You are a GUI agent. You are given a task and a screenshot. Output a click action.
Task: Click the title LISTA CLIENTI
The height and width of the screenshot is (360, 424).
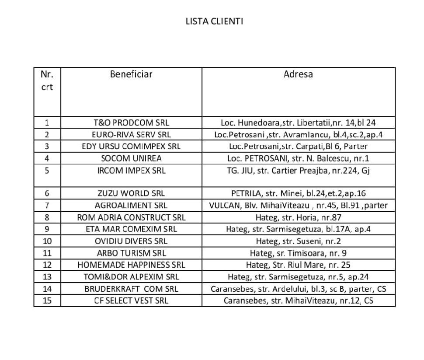(x=214, y=21)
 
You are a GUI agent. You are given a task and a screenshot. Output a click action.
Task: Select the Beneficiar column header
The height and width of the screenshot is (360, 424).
(x=131, y=74)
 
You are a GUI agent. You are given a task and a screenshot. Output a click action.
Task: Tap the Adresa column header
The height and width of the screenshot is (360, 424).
(x=298, y=74)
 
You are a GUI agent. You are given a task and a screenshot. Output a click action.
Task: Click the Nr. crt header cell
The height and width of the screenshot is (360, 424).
(x=47, y=80)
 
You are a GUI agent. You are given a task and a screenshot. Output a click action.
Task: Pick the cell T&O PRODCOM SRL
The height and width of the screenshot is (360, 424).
(x=131, y=123)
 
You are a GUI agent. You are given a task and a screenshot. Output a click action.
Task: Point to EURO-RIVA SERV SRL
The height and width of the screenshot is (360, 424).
(x=131, y=135)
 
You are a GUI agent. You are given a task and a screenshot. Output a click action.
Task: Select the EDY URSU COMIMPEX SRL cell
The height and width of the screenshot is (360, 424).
(x=131, y=147)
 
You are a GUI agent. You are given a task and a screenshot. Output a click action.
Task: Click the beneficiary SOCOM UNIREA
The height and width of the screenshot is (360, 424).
(x=131, y=159)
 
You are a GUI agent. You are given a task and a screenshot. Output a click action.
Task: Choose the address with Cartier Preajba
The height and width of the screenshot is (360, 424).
(x=298, y=171)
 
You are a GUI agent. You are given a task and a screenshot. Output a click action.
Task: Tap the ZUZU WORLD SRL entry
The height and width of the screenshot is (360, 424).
(x=131, y=193)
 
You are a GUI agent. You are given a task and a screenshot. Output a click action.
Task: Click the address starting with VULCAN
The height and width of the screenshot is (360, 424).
(x=298, y=205)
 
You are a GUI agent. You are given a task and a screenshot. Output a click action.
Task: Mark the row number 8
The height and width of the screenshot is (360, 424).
(x=47, y=217)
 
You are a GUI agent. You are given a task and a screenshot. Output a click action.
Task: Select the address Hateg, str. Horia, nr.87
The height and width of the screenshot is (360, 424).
(x=298, y=217)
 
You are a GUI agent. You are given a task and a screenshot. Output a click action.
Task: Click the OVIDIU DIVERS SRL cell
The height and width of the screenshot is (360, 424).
(x=131, y=241)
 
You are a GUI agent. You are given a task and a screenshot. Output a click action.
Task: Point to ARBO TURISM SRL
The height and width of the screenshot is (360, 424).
(x=131, y=253)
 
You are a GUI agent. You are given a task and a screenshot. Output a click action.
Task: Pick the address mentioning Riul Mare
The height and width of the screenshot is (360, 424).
(x=298, y=265)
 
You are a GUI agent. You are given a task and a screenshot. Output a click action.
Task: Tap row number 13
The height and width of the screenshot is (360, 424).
(x=47, y=277)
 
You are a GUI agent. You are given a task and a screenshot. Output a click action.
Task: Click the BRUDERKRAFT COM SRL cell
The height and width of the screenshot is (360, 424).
(x=131, y=289)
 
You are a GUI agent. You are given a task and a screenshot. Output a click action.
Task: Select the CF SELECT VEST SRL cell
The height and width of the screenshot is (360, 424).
(x=131, y=301)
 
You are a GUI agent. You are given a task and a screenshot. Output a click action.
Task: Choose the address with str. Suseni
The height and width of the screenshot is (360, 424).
(x=298, y=241)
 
